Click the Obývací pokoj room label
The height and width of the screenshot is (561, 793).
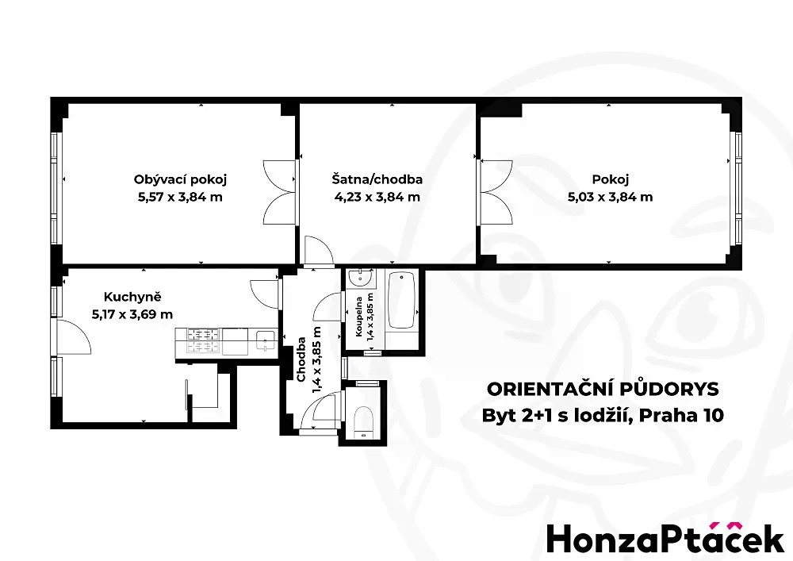180,179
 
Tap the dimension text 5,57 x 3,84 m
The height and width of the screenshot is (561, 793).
180,197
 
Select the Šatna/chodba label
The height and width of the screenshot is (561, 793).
377,179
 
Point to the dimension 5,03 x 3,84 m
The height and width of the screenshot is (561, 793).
610,197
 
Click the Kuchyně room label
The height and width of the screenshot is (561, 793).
132,297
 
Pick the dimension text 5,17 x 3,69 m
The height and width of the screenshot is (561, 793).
132,314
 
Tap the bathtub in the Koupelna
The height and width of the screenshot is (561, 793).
401,300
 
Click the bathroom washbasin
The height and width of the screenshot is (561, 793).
361,279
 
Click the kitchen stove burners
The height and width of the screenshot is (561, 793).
204,340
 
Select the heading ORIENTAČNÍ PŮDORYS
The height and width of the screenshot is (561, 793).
603,389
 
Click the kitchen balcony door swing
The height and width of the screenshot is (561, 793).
74,337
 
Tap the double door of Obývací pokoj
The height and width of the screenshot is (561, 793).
279,192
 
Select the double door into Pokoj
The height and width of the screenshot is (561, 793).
496,192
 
